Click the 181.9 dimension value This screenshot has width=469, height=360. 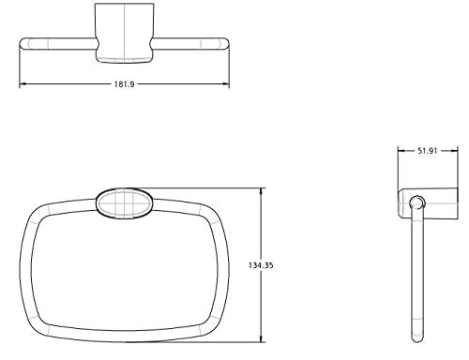click(x=124, y=84)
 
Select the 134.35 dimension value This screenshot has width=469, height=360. click(x=261, y=265)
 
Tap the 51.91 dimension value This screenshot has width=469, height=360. click(x=428, y=151)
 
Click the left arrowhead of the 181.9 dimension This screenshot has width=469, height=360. click(x=23, y=83)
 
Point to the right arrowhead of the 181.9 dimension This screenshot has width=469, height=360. click(x=226, y=83)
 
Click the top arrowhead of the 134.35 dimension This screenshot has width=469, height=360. click(x=261, y=191)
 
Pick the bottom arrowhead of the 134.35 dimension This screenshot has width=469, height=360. click(x=261, y=338)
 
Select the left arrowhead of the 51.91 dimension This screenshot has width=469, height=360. click(x=401, y=151)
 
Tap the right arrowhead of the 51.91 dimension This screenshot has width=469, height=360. click(x=454, y=151)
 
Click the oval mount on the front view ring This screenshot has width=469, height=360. click(x=124, y=203)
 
